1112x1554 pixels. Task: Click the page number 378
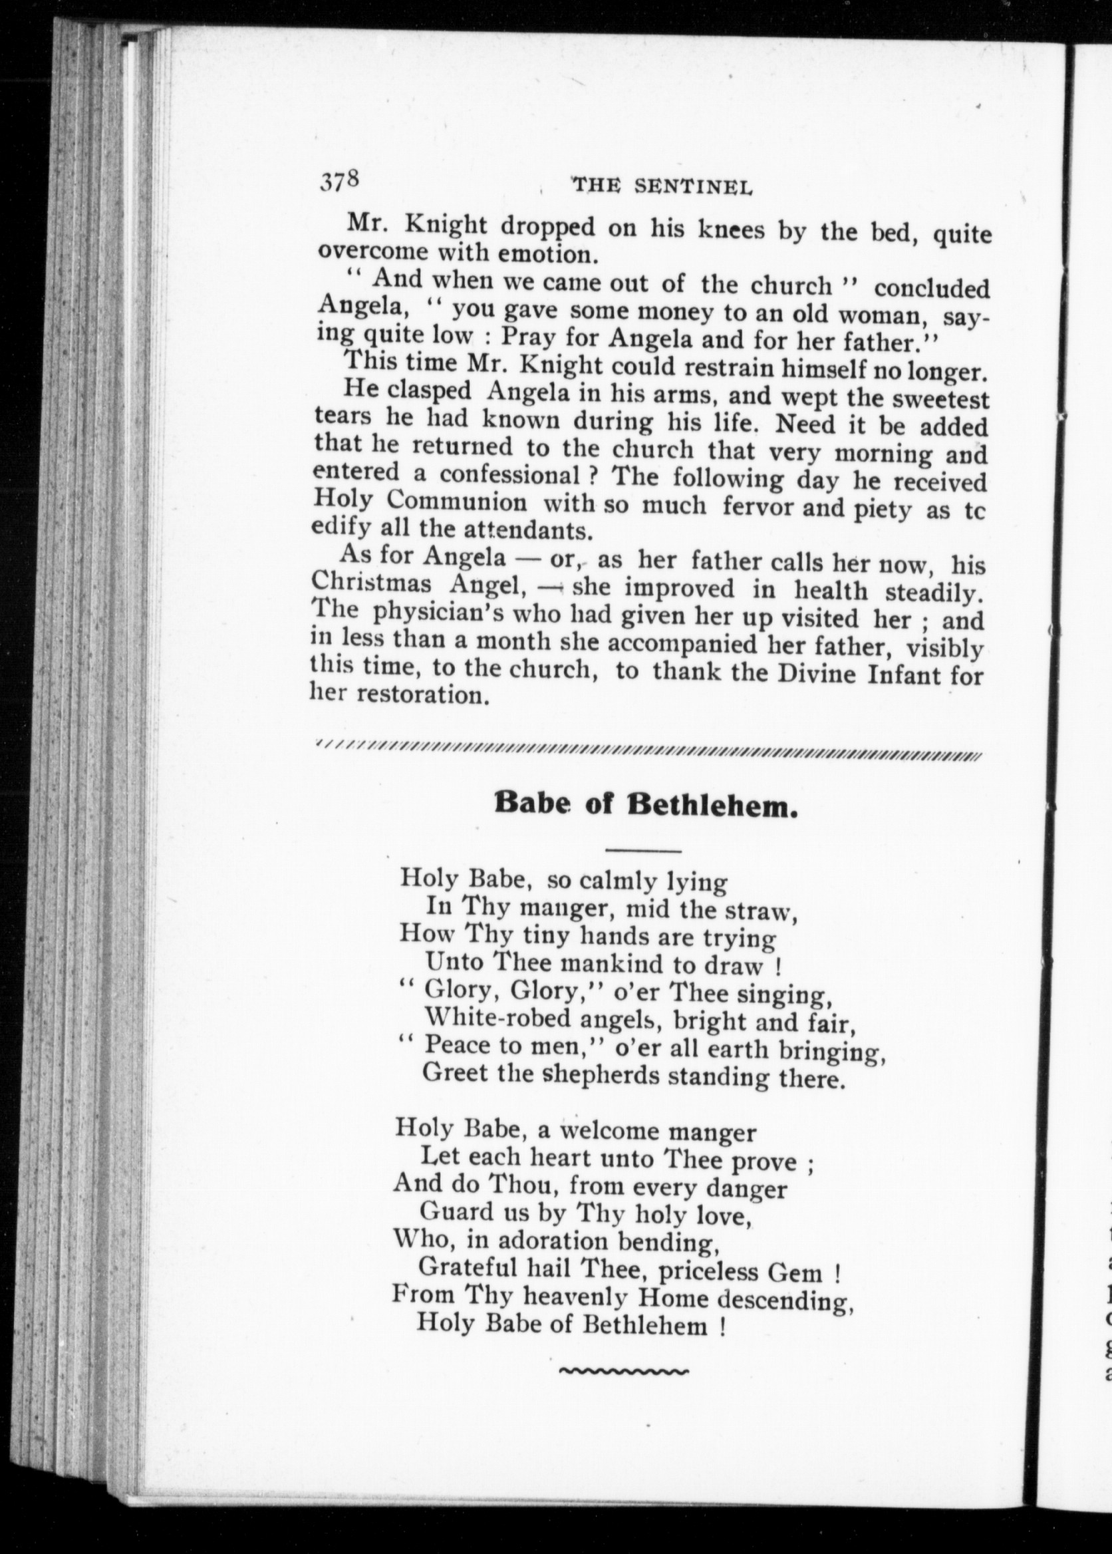[x=340, y=182]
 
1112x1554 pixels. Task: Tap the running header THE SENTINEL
[x=662, y=186]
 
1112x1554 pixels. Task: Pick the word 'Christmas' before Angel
[x=371, y=586]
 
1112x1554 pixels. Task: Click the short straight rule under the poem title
[x=643, y=852]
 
